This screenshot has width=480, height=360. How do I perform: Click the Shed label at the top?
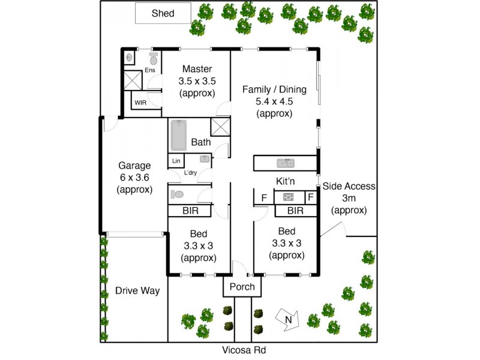tap(163, 13)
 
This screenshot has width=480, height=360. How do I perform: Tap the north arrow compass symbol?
tap(286, 319)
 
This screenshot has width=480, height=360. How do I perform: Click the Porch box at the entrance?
tap(242, 287)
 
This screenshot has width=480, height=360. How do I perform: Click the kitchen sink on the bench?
tap(285, 163)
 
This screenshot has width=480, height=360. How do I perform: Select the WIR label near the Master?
tap(140, 103)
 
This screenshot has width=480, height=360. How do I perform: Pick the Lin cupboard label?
tap(176, 161)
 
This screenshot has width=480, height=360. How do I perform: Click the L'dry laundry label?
tap(191, 173)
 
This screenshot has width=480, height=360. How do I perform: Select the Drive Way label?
tap(137, 291)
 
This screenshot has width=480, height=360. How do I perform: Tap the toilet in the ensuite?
tap(153, 58)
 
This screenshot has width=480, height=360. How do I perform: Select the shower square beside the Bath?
tap(220, 127)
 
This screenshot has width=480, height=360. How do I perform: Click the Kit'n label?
tap(287, 181)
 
